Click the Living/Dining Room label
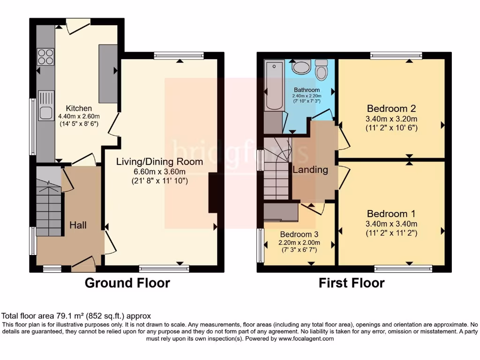click(x=160, y=162)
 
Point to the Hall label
click(x=78, y=225)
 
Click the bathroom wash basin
click(x=300, y=67)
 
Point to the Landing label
click(x=310, y=170)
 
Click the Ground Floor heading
click(x=127, y=283)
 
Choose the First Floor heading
click(x=352, y=283)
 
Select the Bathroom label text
click(x=307, y=90)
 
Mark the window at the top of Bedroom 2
click(x=396, y=56)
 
